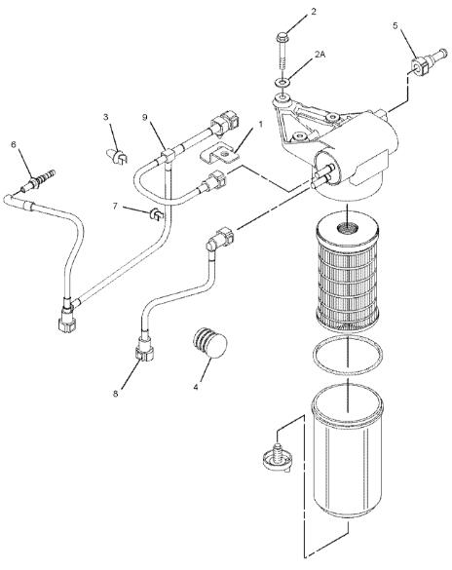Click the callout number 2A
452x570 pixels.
pyautogui.click(x=320, y=55)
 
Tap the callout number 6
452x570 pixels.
pyautogui.click(x=14, y=144)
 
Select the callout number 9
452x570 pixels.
pyautogui.click(x=144, y=117)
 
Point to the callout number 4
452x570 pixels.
pyautogui.click(x=196, y=387)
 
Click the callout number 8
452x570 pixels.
pyautogui.click(x=116, y=394)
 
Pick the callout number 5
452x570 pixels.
pyautogui.click(x=395, y=25)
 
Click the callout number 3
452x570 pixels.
pyautogui.click(x=106, y=117)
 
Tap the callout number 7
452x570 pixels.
pyautogui.click(x=115, y=207)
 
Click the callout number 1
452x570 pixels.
pyautogui.click(x=260, y=125)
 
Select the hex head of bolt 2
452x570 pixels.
pyautogui.click(x=282, y=37)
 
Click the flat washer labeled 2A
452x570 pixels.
pyautogui.click(x=282, y=83)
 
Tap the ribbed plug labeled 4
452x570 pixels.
pyautogui.click(x=210, y=343)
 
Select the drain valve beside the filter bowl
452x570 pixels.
pyautogui.click(x=278, y=458)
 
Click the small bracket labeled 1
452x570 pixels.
pyautogui.click(x=220, y=155)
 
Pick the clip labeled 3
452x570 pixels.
pyautogui.click(x=117, y=156)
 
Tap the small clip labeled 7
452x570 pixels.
pyautogui.click(x=157, y=213)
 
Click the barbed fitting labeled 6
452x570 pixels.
pyautogui.click(x=38, y=180)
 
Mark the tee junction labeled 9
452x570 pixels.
pyautogui.click(x=168, y=156)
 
